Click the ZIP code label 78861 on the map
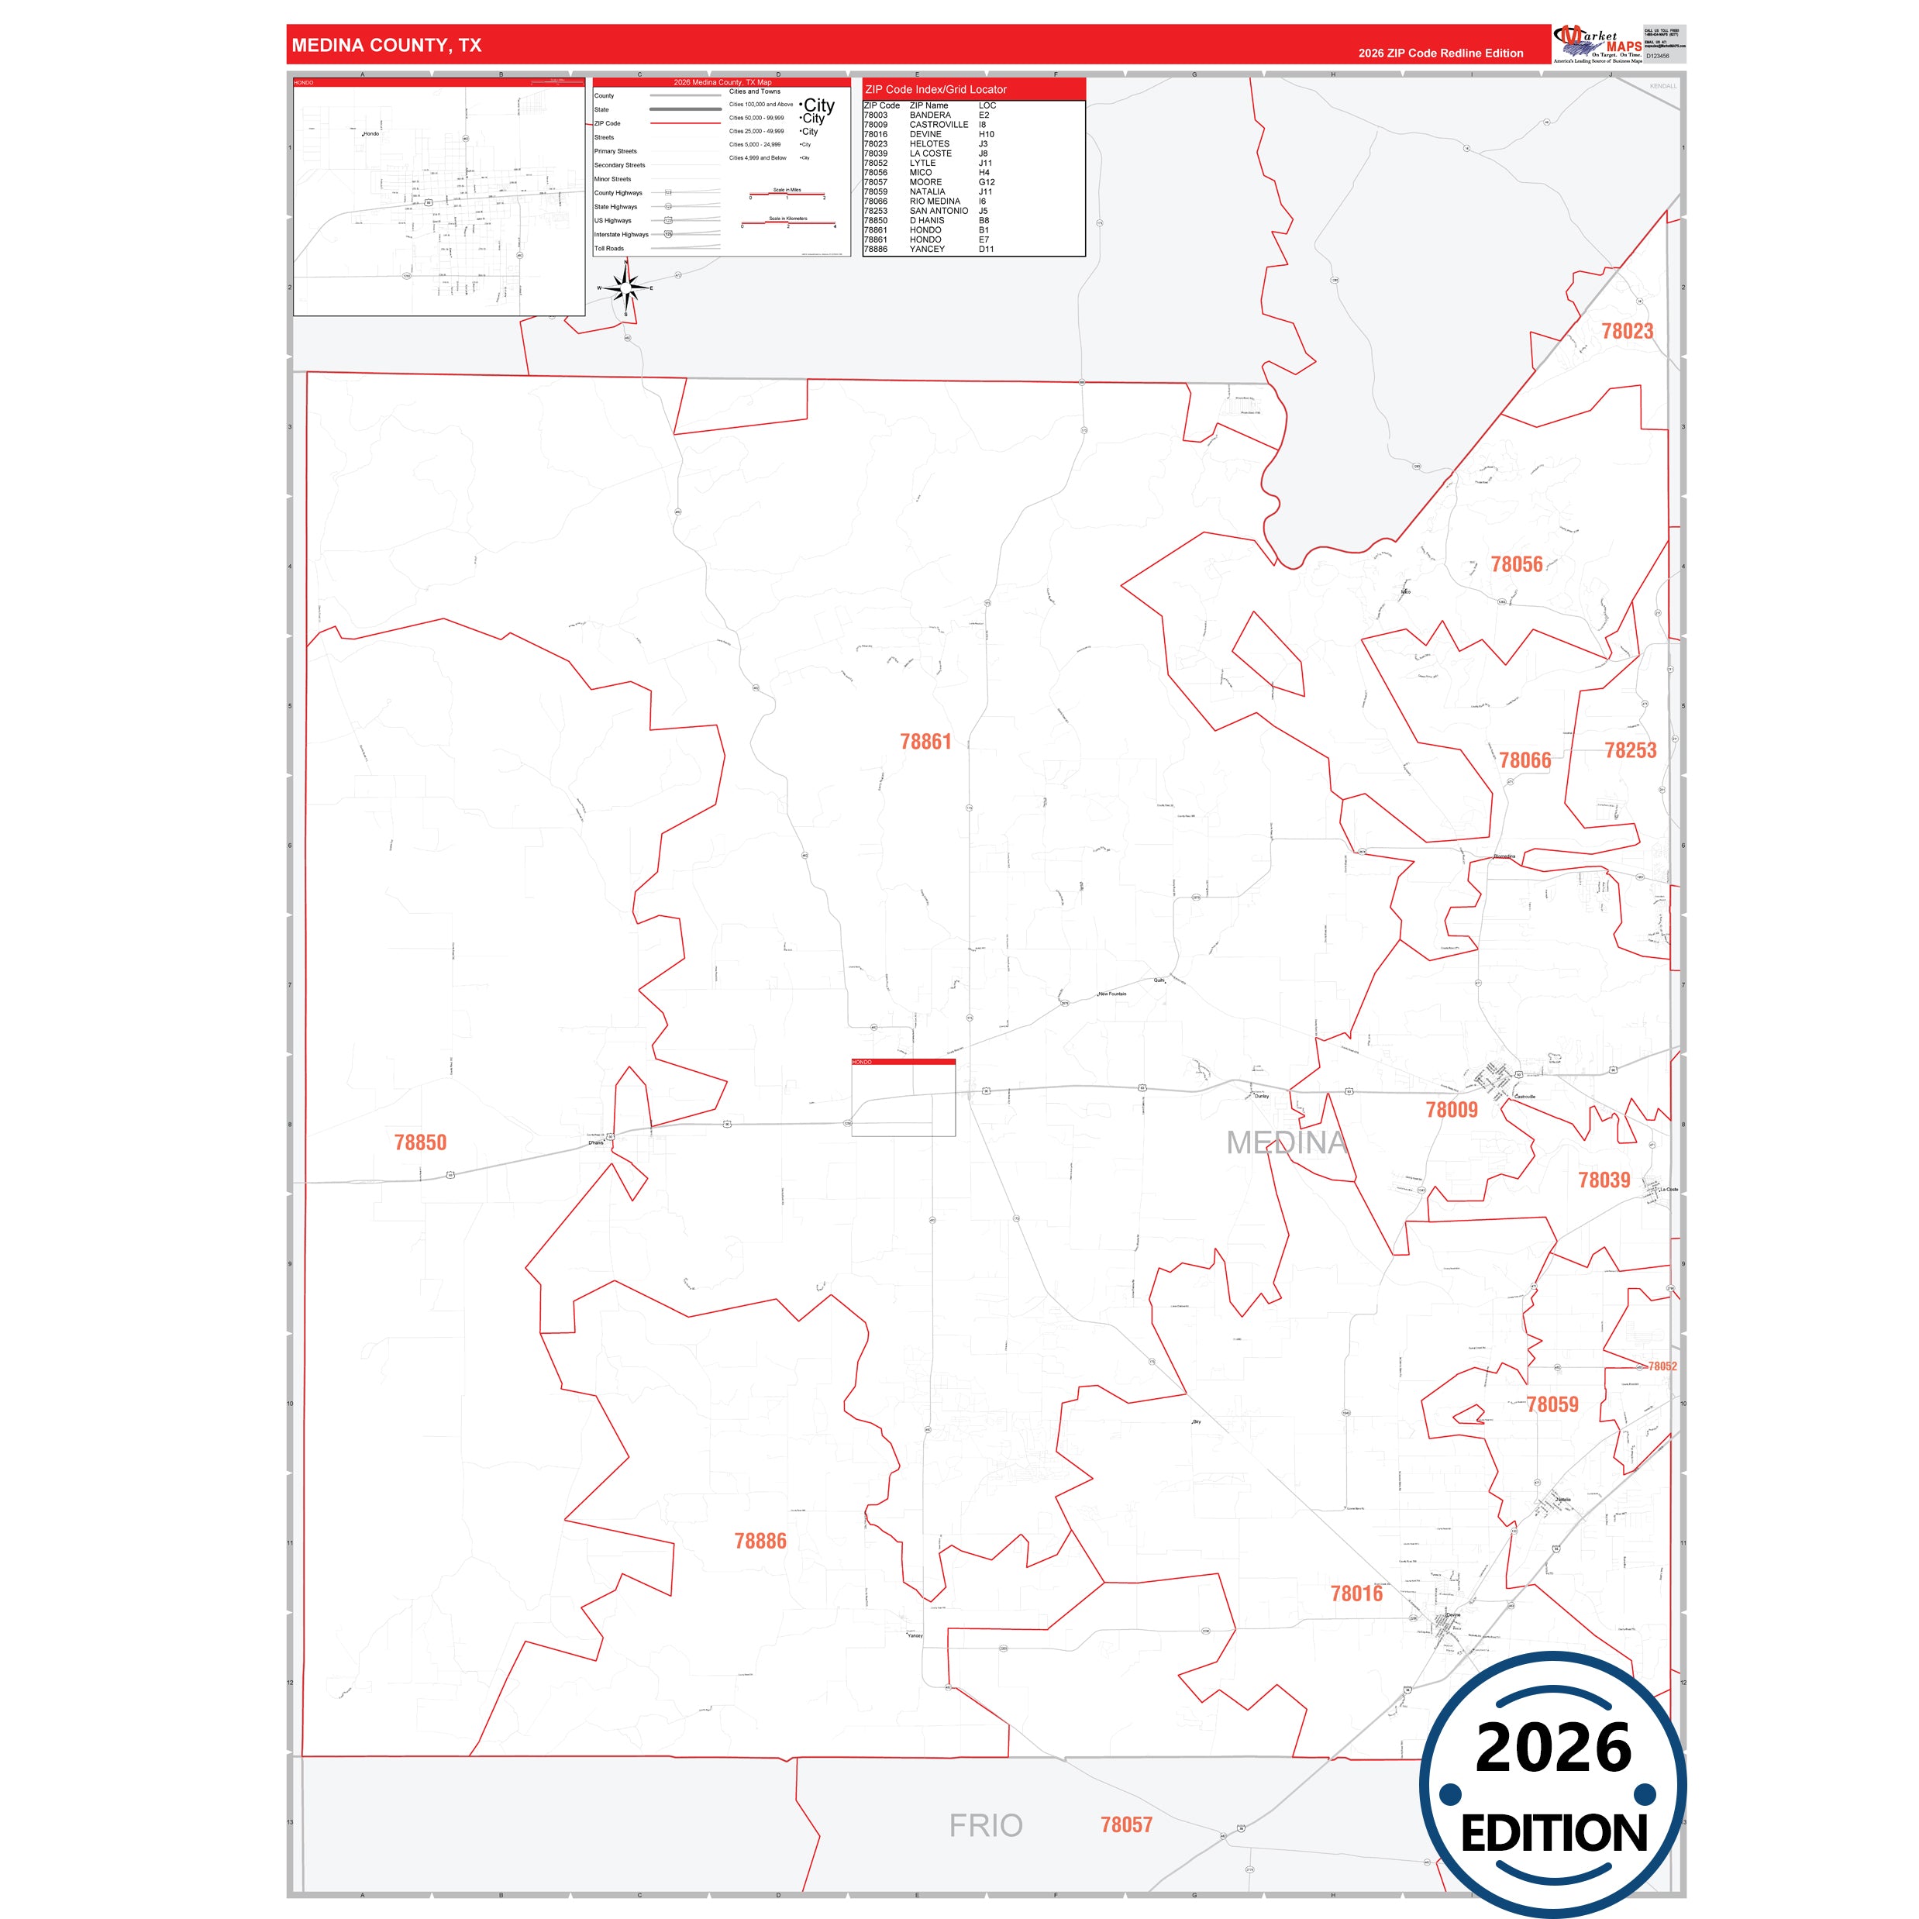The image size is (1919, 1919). pos(925,742)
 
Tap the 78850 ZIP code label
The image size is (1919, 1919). pos(420,1142)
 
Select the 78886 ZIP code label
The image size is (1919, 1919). pos(760,1541)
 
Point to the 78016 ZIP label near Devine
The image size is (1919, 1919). pos(1356,1593)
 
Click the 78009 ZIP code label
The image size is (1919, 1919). pos(1451,1110)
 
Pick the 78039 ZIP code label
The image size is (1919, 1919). pos(1604,1180)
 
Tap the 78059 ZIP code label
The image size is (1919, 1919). pos(1552,1404)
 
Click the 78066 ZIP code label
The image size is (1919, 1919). pos(1525,761)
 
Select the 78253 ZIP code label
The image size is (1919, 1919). pos(1630,751)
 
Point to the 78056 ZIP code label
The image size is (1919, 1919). pos(1517,564)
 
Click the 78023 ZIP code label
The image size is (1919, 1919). pos(1627,332)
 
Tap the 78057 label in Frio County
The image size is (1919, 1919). pos(1126,1824)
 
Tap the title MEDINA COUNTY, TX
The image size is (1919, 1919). pos(387,46)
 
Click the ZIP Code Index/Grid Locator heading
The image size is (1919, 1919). pos(935,89)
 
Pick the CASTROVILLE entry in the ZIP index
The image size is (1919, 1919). pos(939,125)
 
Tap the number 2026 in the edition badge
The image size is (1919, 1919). pos(1553,1749)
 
